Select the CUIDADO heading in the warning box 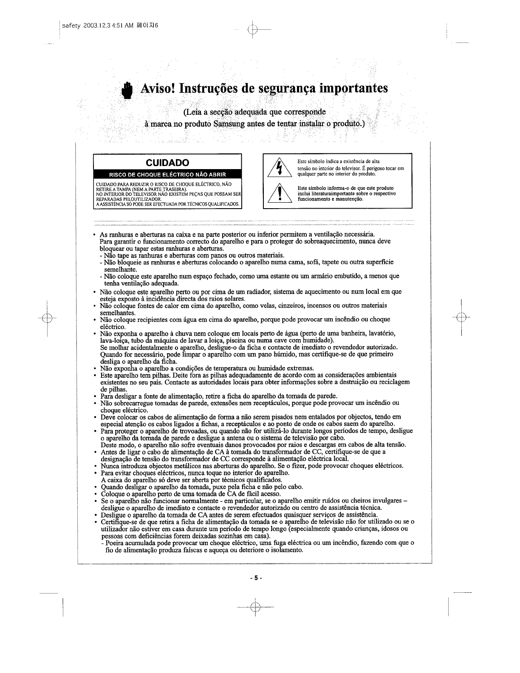(167, 163)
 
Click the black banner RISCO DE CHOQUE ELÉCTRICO (168, 175)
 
